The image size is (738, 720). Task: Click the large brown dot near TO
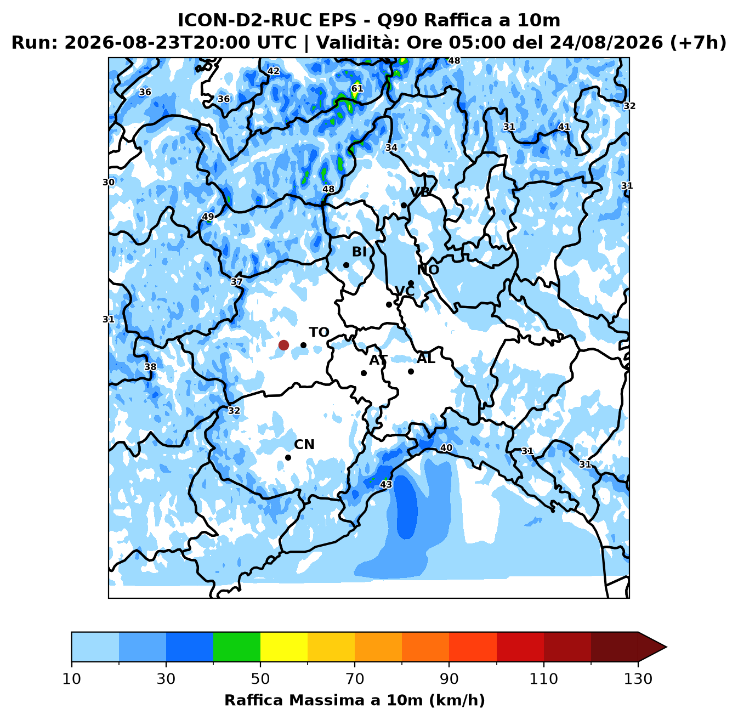283,345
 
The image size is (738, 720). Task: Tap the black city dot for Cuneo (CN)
288,457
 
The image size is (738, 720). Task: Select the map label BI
359,252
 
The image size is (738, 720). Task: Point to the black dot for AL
411,371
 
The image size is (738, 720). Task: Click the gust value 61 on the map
357,88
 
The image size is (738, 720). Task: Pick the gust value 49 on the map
208,217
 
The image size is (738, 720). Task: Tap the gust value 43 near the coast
386,484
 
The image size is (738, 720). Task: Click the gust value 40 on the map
446,447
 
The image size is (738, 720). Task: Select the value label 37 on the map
237,282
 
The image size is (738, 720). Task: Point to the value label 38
151,367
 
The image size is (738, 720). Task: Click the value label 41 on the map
564,127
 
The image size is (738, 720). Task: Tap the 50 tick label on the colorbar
260,679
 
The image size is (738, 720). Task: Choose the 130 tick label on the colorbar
638,679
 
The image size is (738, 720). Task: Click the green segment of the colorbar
237,647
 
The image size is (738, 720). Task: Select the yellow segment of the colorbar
284,647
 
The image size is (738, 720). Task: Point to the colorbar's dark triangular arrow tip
666,647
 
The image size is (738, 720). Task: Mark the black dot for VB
404,205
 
